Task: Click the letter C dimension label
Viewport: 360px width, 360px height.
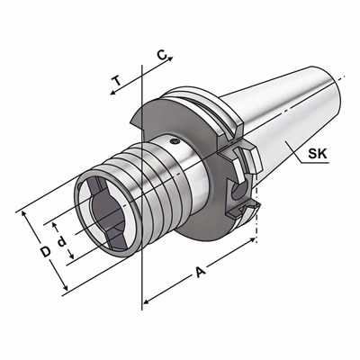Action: coord(161,57)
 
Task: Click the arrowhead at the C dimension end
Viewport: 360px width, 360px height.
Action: coord(171,63)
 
